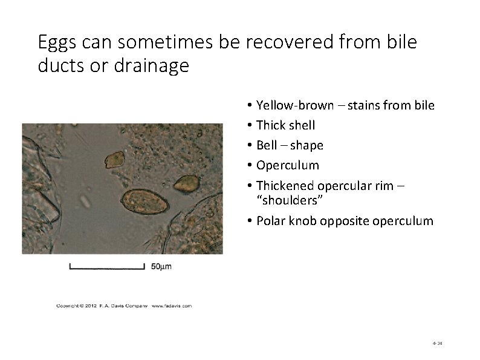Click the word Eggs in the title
pos(57,43)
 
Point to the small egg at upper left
pos(114,160)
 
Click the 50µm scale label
pos(161,266)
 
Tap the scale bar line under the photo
pos(107,266)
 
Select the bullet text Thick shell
pos(285,125)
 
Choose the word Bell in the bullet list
pos(267,145)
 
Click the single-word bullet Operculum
pos(287,165)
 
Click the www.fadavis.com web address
pos(171,306)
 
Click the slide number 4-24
pos(438,343)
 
